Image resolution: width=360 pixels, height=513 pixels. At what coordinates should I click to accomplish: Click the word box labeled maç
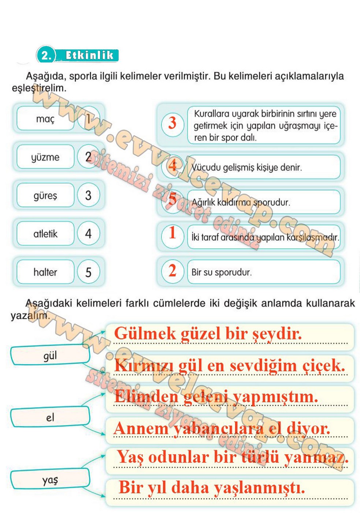[x=45, y=119]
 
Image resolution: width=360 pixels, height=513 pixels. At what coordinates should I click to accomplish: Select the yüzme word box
[x=45, y=157]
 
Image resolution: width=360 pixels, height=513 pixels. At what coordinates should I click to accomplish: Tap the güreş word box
[x=45, y=195]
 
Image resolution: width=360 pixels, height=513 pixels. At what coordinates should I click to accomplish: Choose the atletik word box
[x=45, y=234]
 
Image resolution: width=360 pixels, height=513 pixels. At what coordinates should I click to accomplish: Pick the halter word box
[x=45, y=272]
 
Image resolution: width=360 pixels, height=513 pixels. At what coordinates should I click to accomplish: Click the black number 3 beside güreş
[x=88, y=195]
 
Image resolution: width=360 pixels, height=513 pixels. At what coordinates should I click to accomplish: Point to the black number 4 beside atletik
[x=88, y=234]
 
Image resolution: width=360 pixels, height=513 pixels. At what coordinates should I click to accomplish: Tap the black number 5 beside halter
[x=88, y=272]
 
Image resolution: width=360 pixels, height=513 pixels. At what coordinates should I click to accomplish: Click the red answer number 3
[x=172, y=123]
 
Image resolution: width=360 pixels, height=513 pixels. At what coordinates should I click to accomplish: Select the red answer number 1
[x=172, y=233]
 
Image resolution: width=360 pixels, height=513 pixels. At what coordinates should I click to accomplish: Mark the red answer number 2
[x=172, y=271]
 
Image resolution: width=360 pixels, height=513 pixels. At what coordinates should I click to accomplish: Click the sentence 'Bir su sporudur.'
[x=222, y=272]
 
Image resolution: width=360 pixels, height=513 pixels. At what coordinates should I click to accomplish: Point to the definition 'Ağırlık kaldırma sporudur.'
[x=241, y=202]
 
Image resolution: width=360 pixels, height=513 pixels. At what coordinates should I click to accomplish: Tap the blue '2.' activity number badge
[x=46, y=55]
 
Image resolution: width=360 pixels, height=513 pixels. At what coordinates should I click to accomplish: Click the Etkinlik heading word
[x=89, y=55]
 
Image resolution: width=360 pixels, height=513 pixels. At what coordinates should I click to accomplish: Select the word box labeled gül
[x=50, y=355]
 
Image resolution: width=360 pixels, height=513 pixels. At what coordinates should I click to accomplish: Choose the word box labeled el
[x=50, y=417]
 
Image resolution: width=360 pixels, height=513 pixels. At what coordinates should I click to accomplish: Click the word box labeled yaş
[x=50, y=479]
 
